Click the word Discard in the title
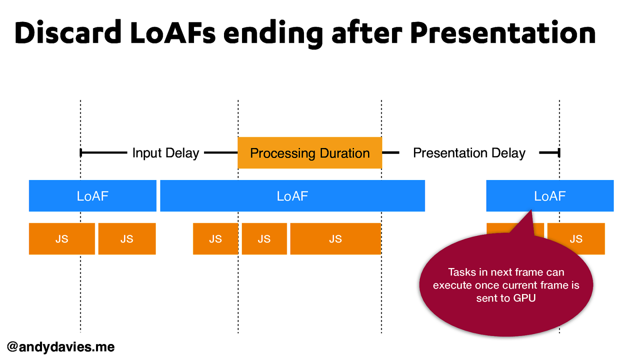(x=68, y=33)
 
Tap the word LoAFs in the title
(x=173, y=33)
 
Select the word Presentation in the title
(x=503, y=33)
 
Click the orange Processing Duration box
(x=310, y=153)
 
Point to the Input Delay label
(x=166, y=153)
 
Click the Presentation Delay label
(x=469, y=153)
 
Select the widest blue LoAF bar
(x=292, y=196)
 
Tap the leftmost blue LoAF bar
(x=92, y=196)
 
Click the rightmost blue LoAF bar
(x=550, y=196)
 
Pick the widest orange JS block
(x=335, y=239)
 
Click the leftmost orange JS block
(x=62, y=239)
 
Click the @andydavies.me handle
(x=61, y=347)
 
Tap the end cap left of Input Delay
(x=81, y=153)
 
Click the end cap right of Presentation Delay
(x=559, y=153)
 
